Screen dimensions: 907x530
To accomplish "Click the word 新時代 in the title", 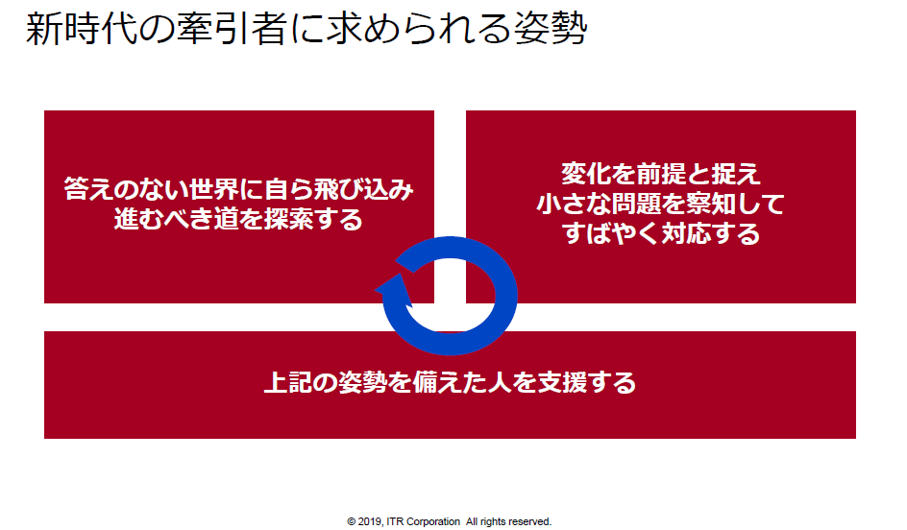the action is point(81,29).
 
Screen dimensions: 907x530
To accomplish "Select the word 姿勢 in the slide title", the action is point(550,29).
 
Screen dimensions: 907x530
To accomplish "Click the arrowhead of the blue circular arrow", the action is point(395,289).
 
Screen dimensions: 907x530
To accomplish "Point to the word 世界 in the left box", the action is point(213,189).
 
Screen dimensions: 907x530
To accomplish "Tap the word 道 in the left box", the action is point(226,219).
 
